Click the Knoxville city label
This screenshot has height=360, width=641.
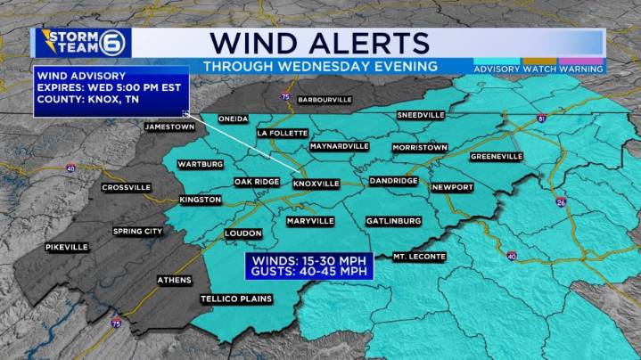316,184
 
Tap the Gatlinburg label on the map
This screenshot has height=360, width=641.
393,220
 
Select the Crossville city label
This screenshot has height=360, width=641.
126,188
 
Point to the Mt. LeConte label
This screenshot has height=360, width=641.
419,257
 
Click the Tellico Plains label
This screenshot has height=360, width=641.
236,299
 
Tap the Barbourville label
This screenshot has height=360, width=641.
324,99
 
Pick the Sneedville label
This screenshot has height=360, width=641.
420,116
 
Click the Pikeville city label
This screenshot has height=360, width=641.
67,247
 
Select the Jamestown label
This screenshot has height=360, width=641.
169,127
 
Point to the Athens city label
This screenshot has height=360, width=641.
174,280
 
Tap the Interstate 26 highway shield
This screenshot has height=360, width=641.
559,202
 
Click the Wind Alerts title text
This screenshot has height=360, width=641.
320,42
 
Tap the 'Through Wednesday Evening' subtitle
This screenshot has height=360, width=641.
320,67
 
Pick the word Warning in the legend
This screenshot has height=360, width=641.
582,69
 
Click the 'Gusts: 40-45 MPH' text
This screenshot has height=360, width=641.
310,272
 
